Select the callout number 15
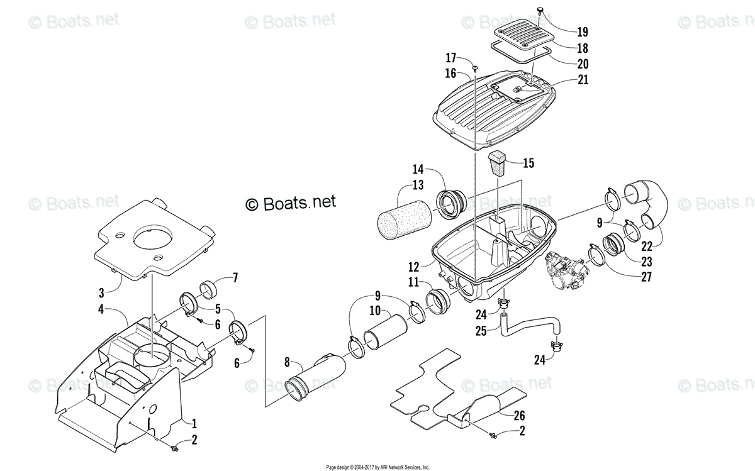tap(528, 163)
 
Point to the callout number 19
tap(581, 31)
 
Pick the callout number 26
tap(520, 416)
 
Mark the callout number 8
tap(287, 362)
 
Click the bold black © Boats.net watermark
tap(291, 202)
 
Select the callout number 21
tap(582, 79)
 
